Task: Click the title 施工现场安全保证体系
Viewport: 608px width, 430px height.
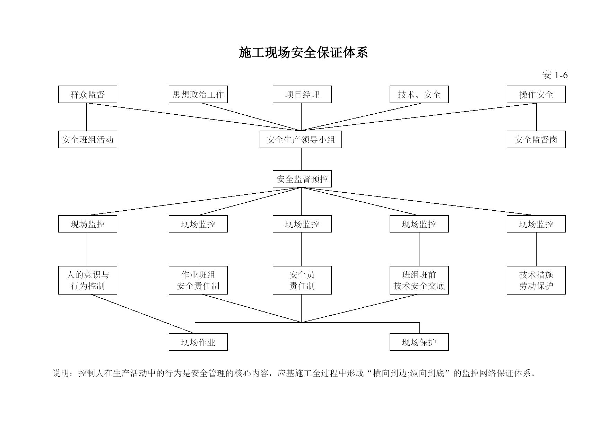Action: pyautogui.click(x=303, y=53)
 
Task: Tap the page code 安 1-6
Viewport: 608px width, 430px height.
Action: pyautogui.click(x=555, y=75)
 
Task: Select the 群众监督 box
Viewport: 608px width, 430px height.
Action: pyautogui.click(x=88, y=95)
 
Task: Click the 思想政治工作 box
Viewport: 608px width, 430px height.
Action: pyautogui.click(x=198, y=95)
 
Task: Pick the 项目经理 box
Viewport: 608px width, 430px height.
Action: pyautogui.click(x=302, y=95)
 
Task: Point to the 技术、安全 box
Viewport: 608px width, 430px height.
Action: pyautogui.click(x=419, y=95)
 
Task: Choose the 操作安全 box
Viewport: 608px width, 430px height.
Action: pyautogui.click(x=536, y=95)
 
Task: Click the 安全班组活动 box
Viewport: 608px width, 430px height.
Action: pyautogui.click(x=88, y=140)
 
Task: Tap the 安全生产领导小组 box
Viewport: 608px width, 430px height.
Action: pyautogui.click(x=301, y=140)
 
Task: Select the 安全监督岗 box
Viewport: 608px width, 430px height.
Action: pyautogui.click(x=536, y=140)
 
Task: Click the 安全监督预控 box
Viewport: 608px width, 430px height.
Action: pyautogui.click(x=302, y=179)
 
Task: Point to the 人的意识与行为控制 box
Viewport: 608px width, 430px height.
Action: pyautogui.click(x=88, y=280)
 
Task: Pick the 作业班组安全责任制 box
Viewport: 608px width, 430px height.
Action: pyautogui.click(x=198, y=280)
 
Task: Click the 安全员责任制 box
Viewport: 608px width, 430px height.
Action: pyautogui.click(x=302, y=280)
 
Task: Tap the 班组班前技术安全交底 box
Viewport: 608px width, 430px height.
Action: pyautogui.click(x=419, y=280)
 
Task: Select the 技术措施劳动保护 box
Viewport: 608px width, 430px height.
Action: pyautogui.click(x=536, y=280)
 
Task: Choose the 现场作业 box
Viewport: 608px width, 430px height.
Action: pyautogui.click(x=198, y=342)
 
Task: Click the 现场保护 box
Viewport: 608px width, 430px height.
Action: pyautogui.click(x=419, y=342)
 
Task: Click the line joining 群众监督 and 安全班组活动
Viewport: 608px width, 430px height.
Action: pyautogui.click(x=87, y=117)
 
